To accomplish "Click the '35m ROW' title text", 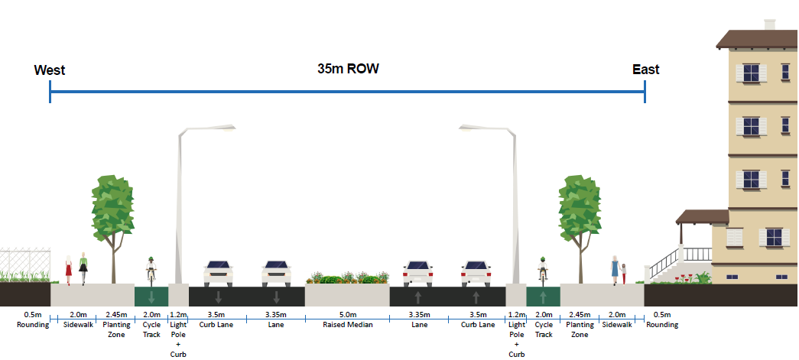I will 348,68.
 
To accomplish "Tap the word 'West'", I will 50,70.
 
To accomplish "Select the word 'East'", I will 645,70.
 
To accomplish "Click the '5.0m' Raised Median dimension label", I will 347,315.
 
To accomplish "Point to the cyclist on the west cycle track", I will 151,270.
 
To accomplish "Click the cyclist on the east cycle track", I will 543,270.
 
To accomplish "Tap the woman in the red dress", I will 69,269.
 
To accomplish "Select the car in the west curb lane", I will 217,273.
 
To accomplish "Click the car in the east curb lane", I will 476,273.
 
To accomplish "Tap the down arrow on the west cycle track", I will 151,297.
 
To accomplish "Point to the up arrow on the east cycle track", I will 543,297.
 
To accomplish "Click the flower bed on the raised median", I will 346,277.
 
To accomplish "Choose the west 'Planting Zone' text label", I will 115,329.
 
